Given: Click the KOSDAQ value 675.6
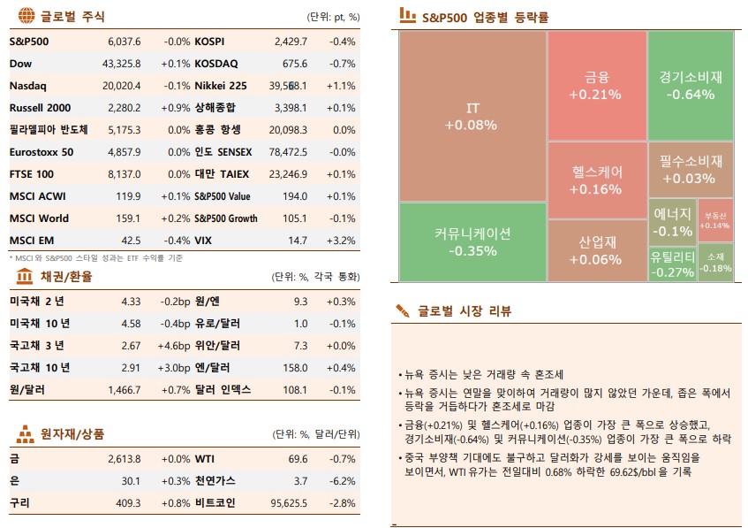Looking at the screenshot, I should point(294,64).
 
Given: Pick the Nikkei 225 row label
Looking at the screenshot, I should point(221,86).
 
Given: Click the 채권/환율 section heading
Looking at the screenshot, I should point(66,277).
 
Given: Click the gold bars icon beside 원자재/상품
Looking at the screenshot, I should point(26,434).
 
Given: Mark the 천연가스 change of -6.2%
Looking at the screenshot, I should point(342,481).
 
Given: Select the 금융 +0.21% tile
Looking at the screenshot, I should point(596,85).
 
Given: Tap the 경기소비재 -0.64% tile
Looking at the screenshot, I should point(691,85).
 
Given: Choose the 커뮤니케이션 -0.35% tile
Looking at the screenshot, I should point(472,241).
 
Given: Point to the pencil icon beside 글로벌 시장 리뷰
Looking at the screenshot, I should point(403,310).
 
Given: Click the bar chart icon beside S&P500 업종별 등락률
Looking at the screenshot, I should point(407,15).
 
